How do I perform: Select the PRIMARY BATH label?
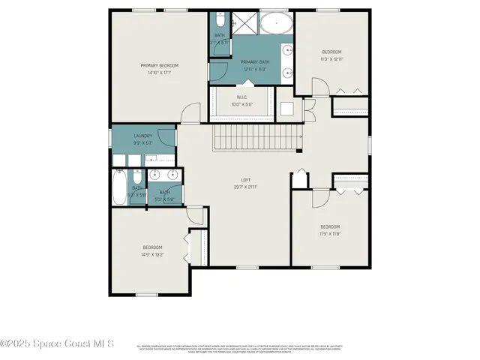256,62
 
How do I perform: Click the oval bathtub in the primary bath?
277,24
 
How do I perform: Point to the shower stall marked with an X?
244,23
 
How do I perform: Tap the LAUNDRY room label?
143,136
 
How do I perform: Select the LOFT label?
244,179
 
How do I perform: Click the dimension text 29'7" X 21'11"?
244,187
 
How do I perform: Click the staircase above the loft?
257,137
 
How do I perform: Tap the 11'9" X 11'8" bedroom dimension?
330,234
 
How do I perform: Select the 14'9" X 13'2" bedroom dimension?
153,255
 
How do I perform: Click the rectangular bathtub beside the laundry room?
119,187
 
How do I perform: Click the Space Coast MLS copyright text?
57,344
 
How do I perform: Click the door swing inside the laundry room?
166,136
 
